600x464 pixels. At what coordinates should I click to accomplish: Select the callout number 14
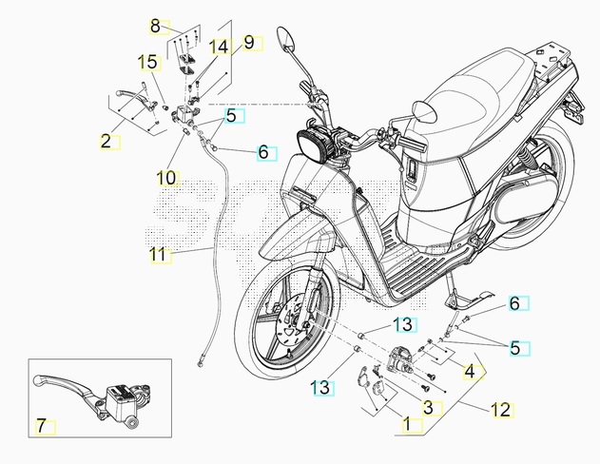219,47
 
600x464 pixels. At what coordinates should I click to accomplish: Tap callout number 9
249,42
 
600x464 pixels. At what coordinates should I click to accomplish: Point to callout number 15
147,63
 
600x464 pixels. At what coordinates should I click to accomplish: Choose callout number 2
106,142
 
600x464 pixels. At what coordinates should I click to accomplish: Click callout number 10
166,177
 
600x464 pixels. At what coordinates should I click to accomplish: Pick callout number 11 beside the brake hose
158,254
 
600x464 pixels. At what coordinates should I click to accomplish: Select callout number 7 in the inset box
41,424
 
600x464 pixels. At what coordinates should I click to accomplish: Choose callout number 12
501,410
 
